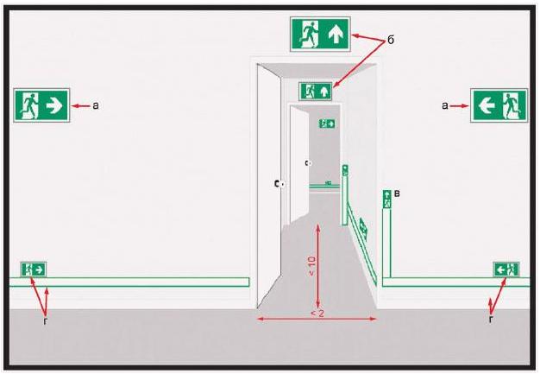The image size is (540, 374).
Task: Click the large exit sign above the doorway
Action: click(x=320, y=35)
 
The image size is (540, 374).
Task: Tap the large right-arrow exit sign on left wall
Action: click(x=41, y=105)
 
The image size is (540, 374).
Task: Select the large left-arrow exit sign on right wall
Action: click(x=499, y=105)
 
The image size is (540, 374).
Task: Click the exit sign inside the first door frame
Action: click(x=316, y=92)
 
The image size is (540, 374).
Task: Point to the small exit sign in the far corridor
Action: click(x=327, y=124)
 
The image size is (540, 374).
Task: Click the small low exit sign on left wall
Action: click(x=34, y=269)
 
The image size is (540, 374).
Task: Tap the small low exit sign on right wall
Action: click(x=506, y=269)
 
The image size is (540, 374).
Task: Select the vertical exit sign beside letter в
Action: click(x=387, y=200)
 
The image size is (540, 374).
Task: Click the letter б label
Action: click(x=391, y=41)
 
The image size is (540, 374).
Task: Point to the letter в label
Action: click(x=397, y=193)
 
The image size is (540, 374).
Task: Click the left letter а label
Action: click(x=96, y=105)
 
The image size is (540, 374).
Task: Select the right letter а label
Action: click(x=445, y=105)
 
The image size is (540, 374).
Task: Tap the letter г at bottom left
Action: click(x=45, y=321)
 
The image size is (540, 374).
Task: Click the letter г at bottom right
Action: click(x=491, y=320)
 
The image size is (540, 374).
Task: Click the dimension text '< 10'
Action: click(x=311, y=266)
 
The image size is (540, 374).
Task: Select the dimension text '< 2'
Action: click(x=317, y=314)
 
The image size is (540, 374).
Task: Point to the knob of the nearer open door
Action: click(x=282, y=185)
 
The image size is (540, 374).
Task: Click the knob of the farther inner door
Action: click(x=309, y=162)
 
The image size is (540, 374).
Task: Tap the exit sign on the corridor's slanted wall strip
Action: click(x=363, y=229)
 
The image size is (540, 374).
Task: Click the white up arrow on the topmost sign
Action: click(x=336, y=35)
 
